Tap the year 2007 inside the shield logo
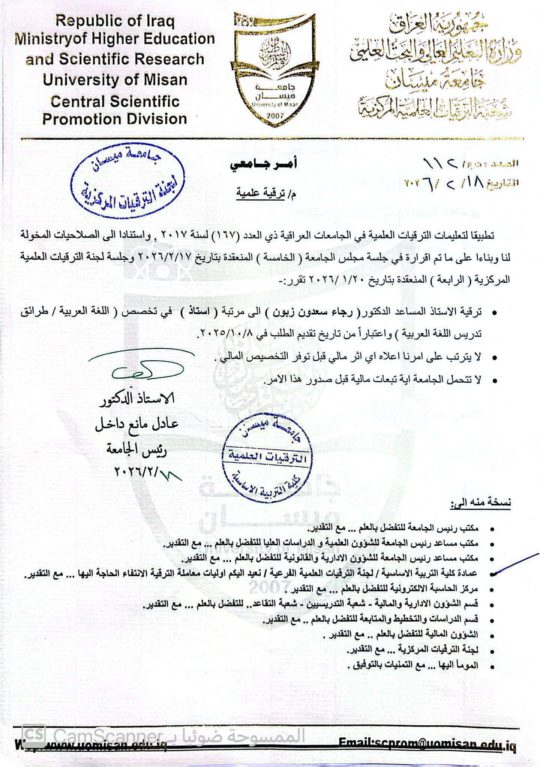pos(276,116)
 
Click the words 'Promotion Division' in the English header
pos(115,119)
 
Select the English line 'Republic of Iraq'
pos(115,21)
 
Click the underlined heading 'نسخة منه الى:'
pos(481,503)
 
